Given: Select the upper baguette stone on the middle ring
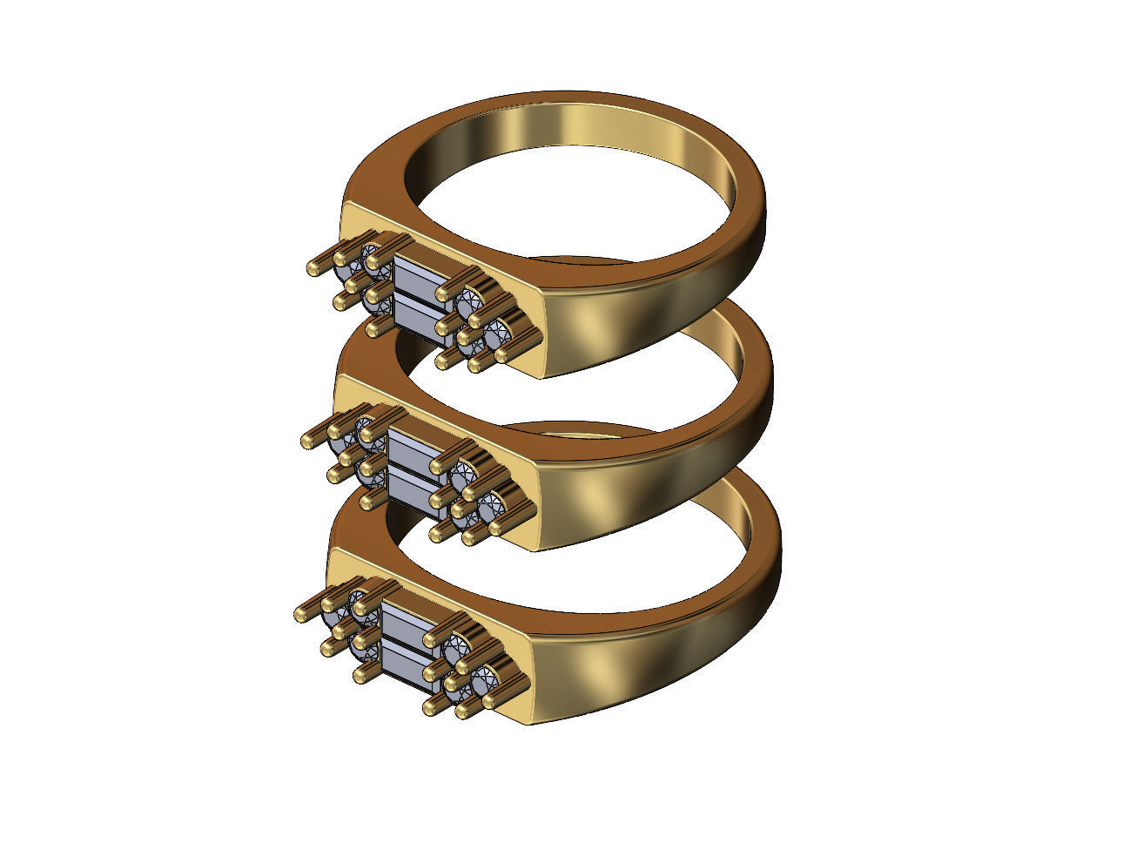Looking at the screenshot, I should click(x=411, y=449).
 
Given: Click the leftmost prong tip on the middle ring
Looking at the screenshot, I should click(x=307, y=441).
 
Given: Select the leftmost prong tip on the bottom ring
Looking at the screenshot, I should click(x=301, y=613).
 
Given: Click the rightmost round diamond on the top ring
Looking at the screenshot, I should click(x=499, y=332).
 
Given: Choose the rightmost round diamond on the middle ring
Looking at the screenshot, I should click(x=493, y=503).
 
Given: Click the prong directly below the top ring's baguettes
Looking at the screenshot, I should click(x=376, y=330).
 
